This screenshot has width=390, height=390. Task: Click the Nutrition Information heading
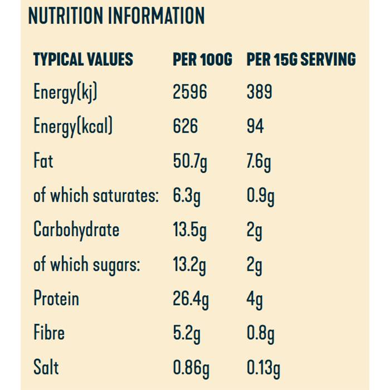(116, 16)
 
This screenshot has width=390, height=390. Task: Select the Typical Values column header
(83, 59)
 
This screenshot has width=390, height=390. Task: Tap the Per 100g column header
(202, 59)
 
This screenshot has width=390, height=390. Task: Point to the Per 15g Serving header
(301, 59)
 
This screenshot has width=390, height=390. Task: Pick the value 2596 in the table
(189, 92)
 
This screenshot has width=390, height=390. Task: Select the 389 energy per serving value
(259, 92)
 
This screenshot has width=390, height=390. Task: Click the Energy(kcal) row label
(73, 127)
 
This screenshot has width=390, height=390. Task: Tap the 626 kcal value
(185, 126)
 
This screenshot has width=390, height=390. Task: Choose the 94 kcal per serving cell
(256, 126)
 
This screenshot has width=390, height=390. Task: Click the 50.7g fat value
(190, 162)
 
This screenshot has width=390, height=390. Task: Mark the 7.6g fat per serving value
(259, 162)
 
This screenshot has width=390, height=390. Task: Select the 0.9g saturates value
(260, 197)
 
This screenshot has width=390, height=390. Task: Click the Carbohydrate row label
(76, 230)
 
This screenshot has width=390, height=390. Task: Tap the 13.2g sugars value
(189, 265)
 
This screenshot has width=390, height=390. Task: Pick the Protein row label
(56, 299)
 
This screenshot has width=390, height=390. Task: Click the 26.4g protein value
(191, 300)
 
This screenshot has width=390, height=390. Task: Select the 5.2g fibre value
(187, 334)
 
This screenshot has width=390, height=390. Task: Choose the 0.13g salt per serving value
(264, 368)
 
